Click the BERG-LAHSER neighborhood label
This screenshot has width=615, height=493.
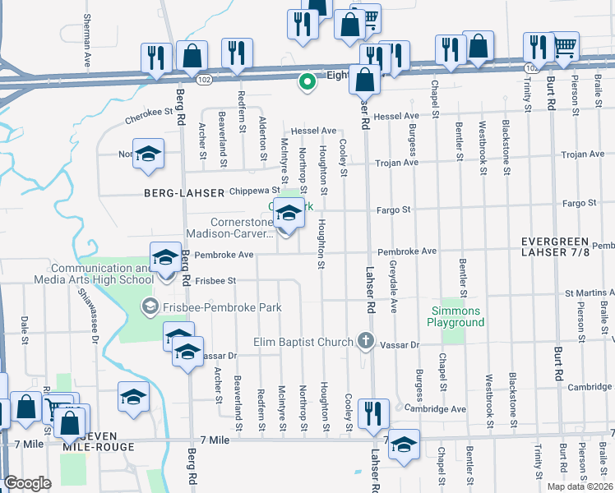click(x=185, y=193)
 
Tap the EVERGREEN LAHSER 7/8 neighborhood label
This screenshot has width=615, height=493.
click(x=566, y=246)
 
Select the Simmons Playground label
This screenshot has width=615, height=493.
click(x=455, y=316)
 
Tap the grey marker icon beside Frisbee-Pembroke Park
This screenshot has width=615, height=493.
click(x=149, y=307)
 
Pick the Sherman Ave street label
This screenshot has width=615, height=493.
click(x=87, y=39)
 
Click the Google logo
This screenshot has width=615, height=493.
click(x=27, y=483)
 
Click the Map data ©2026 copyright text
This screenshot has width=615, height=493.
click(x=580, y=486)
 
